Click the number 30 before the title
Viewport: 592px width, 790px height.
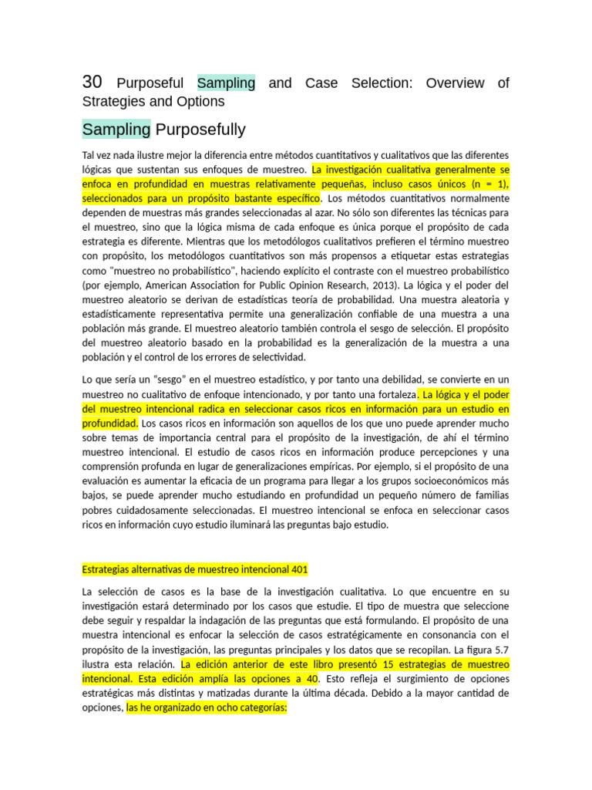coord(92,83)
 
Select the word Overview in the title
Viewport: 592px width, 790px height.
coord(455,83)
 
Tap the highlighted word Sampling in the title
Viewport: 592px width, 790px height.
coord(226,83)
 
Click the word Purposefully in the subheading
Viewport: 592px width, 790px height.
coord(200,129)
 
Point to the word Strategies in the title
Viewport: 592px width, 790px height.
coord(115,102)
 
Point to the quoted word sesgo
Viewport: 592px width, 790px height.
coord(173,380)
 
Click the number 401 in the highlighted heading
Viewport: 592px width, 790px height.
coord(300,570)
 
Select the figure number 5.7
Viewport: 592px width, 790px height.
coord(500,650)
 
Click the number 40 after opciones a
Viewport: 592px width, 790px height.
coord(310,679)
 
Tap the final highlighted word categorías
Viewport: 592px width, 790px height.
coord(261,707)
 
